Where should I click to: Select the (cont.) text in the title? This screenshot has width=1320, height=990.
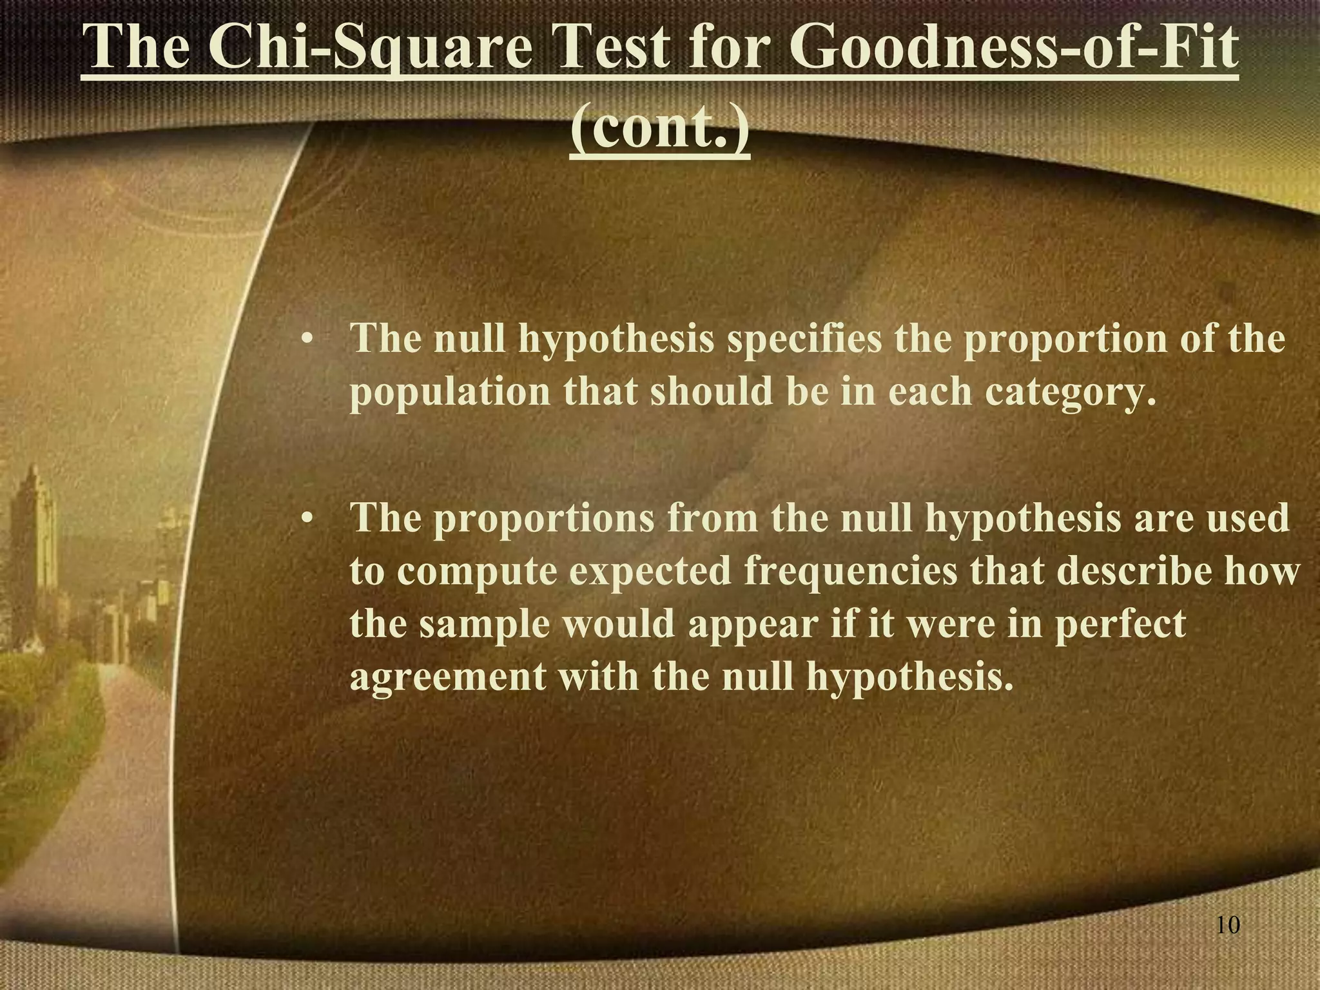[x=660, y=131]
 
